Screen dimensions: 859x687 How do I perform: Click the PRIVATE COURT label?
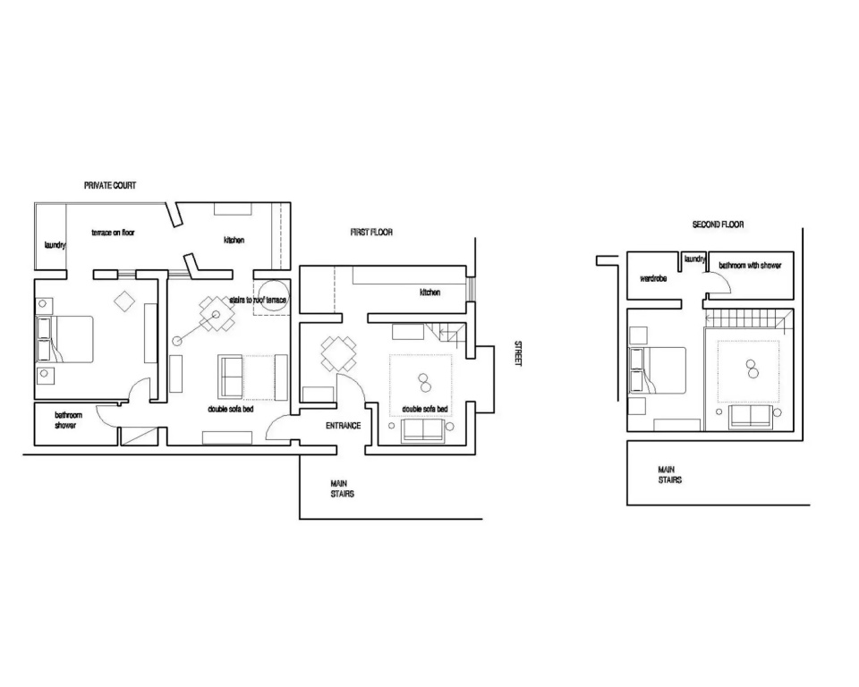(110, 186)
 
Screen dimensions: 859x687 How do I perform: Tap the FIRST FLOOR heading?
(371, 233)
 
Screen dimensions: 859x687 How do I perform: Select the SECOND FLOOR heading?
(719, 225)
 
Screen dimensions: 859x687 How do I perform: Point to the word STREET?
(518, 353)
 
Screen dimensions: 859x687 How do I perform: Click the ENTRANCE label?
(344, 426)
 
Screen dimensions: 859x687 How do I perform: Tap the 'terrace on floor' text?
(113, 233)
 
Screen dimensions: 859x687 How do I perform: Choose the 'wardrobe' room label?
(653, 279)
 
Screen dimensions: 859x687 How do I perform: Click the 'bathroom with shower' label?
(750, 266)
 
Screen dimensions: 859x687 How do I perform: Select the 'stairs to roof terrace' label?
(258, 301)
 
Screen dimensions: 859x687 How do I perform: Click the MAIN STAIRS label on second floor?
(670, 475)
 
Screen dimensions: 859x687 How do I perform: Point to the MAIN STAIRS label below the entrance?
(343, 488)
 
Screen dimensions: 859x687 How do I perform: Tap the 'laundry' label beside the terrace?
(55, 245)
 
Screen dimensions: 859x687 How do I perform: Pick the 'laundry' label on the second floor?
(694, 259)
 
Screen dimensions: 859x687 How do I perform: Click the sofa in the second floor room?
(751, 417)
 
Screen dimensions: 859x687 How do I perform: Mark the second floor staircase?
(748, 318)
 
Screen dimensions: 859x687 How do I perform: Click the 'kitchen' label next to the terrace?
(234, 241)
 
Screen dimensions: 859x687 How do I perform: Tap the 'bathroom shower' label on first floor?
(68, 420)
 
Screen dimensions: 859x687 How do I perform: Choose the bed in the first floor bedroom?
(64, 339)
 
